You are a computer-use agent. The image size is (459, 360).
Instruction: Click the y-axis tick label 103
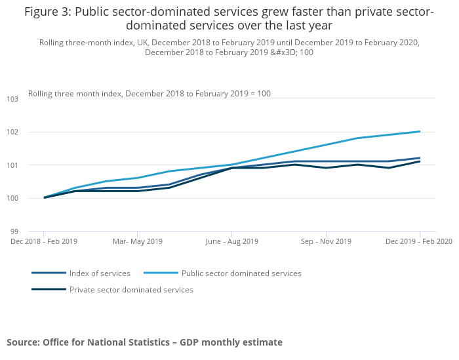13,99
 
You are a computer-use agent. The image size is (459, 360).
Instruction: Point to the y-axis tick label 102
13,132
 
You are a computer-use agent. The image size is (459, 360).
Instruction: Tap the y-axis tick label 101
13,165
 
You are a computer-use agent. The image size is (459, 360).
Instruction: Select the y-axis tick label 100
13,198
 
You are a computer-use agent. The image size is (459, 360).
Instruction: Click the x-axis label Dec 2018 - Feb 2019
44,241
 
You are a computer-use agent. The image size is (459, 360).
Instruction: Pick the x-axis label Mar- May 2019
138,241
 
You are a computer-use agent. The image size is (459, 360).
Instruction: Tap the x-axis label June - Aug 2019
231,241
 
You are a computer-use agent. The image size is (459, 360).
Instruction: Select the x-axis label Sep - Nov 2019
326,241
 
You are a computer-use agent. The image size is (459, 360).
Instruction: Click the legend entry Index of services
100,273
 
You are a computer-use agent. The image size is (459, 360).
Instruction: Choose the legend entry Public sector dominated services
241,273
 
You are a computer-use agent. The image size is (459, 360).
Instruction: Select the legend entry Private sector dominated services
131,290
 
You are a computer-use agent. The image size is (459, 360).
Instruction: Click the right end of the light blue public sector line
420,131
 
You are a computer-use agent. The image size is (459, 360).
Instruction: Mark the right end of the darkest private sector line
420,161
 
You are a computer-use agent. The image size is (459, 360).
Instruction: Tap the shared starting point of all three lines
44,197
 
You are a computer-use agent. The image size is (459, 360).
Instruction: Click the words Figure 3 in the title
48,11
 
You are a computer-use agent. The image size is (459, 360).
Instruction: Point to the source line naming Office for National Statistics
144,342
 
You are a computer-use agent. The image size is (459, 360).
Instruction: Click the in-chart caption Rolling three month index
150,94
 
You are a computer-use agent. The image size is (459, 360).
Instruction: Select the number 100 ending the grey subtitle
306,52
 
